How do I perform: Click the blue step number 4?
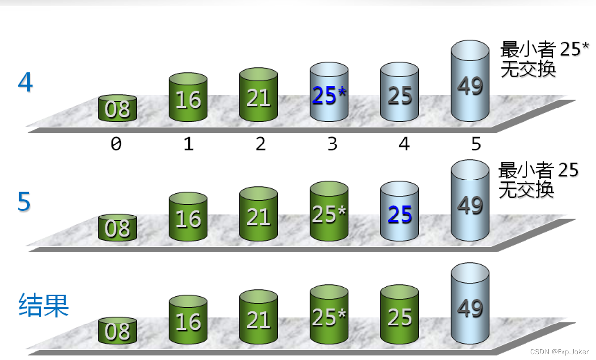click(25, 82)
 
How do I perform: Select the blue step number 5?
click(24, 202)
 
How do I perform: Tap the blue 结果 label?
click(43, 306)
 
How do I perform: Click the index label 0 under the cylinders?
click(116, 144)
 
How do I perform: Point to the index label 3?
click(332, 144)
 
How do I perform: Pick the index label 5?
click(476, 144)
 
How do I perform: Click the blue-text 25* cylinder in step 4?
click(329, 94)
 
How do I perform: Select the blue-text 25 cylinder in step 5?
click(399, 213)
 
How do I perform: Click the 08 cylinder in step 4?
click(117, 108)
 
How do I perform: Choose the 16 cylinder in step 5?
click(188, 218)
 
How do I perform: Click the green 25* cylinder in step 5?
click(329, 214)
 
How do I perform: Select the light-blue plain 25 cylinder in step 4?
click(399, 94)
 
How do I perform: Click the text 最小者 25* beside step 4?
click(544, 49)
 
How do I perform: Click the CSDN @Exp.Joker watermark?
click(559, 352)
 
